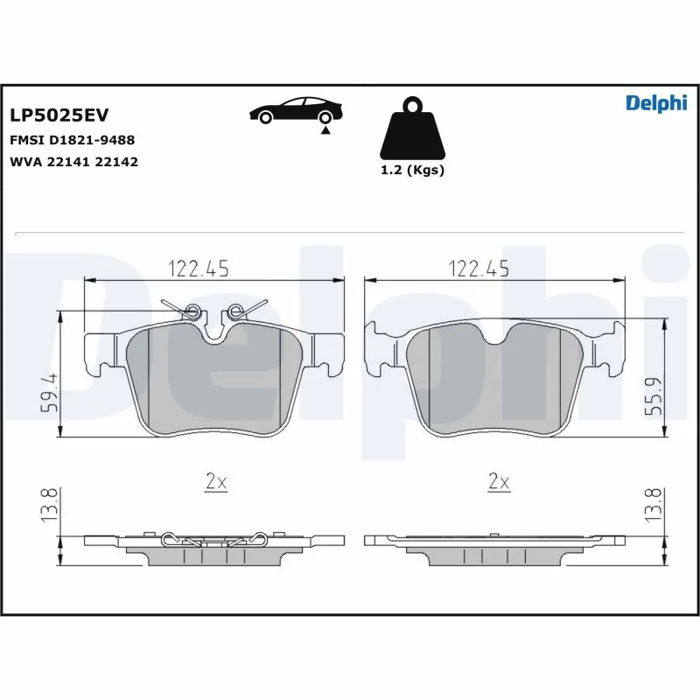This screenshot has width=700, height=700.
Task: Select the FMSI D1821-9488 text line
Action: [x=72, y=140]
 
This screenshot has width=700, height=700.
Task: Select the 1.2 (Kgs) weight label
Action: [x=412, y=171]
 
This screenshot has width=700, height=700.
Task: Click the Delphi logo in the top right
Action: [x=655, y=103]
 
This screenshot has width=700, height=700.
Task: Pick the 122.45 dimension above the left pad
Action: [x=199, y=269]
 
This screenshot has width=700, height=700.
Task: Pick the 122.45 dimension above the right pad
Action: [x=479, y=269]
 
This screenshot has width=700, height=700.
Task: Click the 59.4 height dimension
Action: [x=50, y=390]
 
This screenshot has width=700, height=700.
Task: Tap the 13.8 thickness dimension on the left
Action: [x=50, y=506]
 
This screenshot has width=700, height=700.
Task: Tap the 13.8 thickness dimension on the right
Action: [x=650, y=506]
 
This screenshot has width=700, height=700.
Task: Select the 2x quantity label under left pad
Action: [x=215, y=481]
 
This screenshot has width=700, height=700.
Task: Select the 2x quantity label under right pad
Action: [x=498, y=481]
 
